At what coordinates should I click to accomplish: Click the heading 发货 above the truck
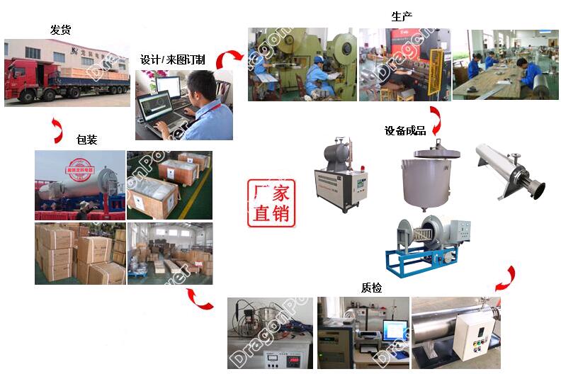60,30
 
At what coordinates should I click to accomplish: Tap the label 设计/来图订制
172,59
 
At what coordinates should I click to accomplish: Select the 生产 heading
402,16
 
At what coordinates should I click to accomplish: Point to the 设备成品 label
405,130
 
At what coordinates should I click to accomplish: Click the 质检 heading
370,287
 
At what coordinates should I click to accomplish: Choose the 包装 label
86,140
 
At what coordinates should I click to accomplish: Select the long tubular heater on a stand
509,169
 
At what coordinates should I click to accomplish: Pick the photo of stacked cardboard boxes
80,254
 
